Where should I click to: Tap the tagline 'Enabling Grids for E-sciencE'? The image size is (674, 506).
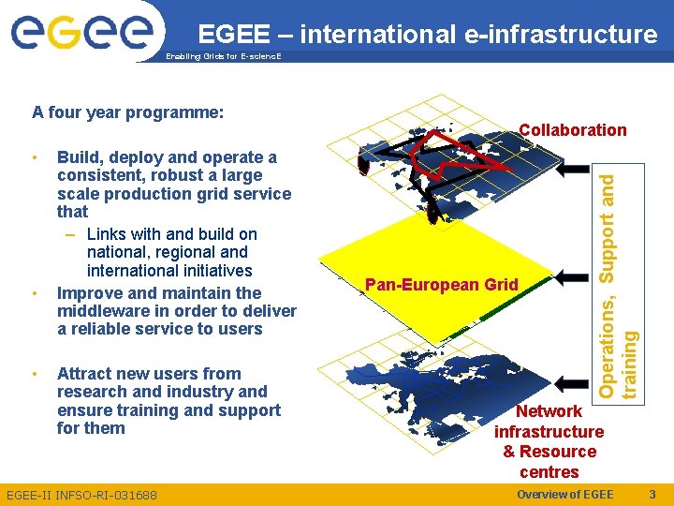(222, 57)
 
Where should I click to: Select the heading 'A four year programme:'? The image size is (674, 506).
(127, 112)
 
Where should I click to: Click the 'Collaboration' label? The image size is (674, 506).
(573, 130)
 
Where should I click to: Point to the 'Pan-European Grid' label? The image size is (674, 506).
(442, 284)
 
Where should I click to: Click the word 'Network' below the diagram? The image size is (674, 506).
(549, 411)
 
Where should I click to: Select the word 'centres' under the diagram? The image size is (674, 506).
(549, 472)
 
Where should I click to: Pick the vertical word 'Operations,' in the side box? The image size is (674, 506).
(608, 343)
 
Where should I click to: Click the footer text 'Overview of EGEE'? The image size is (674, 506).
(564, 495)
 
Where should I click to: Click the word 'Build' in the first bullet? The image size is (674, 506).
(79, 157)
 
